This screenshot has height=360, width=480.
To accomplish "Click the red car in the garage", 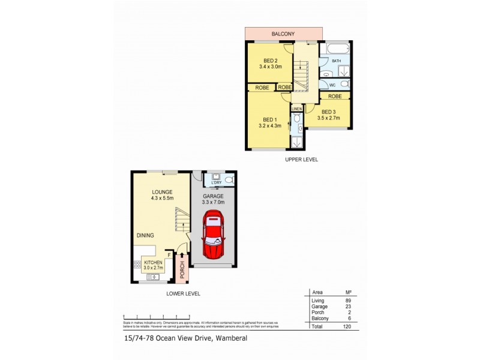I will pos(214,236).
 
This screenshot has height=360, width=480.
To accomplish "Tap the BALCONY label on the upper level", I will pos(283,34).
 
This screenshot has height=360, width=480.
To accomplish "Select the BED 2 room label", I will pos(270,60).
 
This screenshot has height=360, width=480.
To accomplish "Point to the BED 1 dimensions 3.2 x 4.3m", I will pos(270,125).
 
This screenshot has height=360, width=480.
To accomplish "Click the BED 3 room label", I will pos(329,112).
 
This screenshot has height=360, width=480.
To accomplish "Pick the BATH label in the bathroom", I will pos(337,61).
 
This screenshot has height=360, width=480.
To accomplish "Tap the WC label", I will pos(332,85).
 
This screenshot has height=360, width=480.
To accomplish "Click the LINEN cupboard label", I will pos(296,108).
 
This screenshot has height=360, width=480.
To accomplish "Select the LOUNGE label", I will pos(162,191).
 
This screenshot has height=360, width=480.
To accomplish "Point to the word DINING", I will pos(145,236).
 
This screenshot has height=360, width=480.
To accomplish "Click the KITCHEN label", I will pos(152,262).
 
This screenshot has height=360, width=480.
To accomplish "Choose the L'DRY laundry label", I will pos(208,182).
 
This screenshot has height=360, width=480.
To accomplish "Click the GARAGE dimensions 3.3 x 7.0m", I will pos(213,202).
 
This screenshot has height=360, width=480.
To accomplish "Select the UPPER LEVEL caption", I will pos(301,160).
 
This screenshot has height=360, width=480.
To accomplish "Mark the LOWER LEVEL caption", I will pos(184,293).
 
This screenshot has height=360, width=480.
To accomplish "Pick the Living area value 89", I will pos(348,300).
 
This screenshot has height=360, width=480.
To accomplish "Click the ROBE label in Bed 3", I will pos(335,96).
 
